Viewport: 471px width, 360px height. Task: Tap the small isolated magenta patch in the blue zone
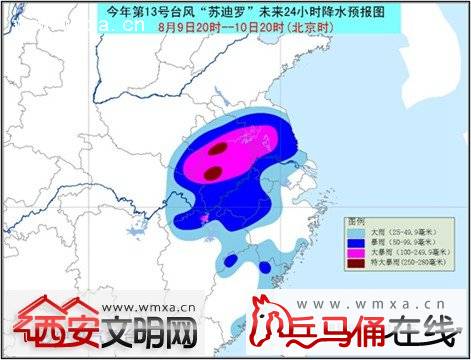tap(203, 217)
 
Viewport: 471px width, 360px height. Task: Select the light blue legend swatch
tap(357, 231)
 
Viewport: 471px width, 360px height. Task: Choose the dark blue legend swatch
tap(357, 242)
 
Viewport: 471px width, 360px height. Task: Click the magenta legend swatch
tap(357, 254)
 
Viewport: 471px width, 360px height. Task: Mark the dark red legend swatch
tap(357, 266)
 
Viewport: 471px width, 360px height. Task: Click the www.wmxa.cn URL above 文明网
tap(155, 308)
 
